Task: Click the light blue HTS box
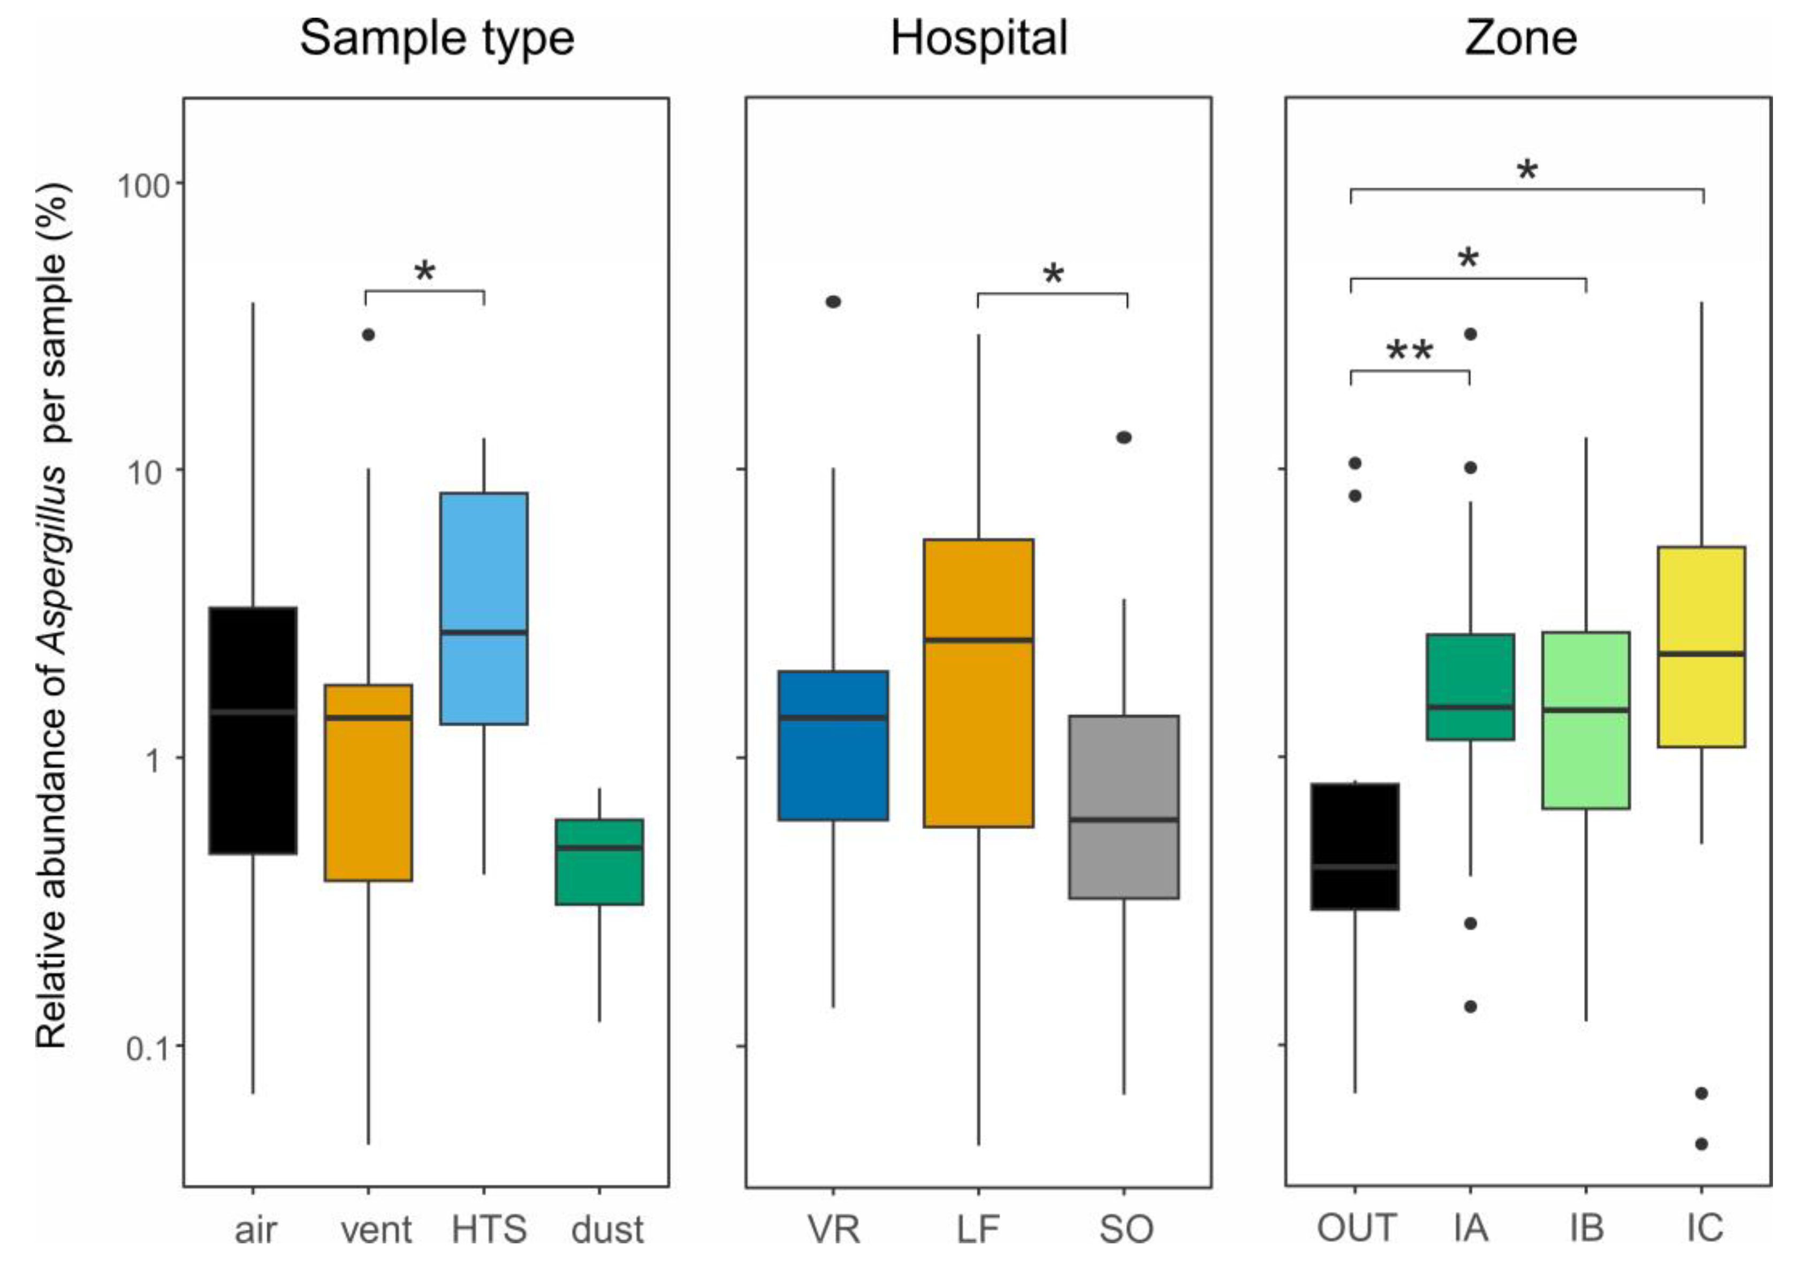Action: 483,608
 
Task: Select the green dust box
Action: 599,862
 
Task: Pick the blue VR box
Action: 833,746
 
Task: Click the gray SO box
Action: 1124,807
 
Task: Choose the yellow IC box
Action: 1701,647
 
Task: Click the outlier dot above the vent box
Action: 368,335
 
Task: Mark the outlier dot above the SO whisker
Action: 1124,438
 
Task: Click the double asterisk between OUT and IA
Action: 1410,351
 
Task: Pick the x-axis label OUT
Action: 1356,1227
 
